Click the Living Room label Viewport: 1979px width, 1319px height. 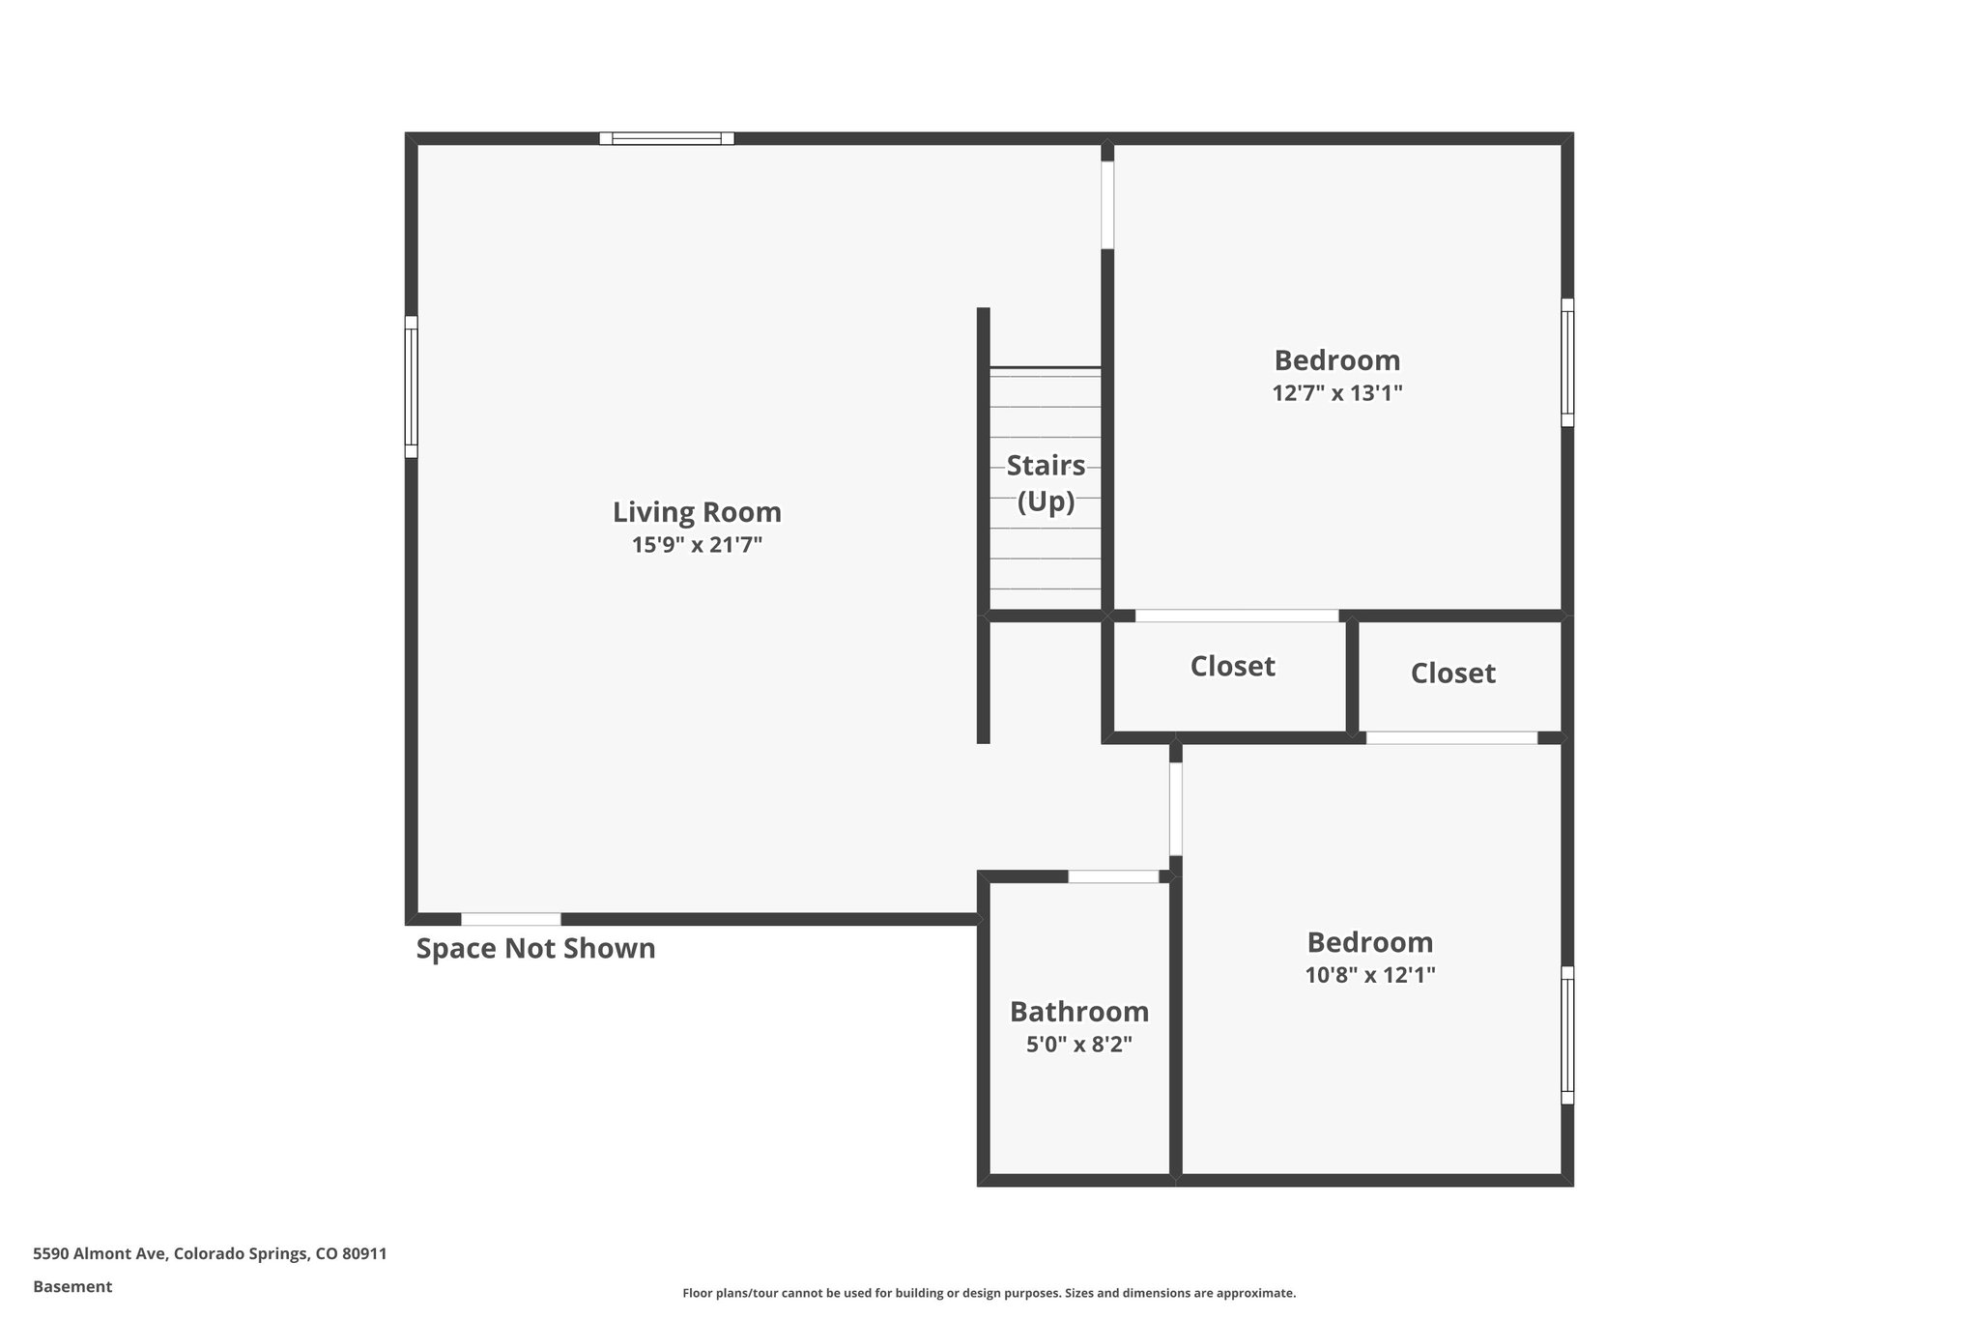pos(697,512)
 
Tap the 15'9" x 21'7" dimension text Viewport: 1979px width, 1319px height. pos(697,545)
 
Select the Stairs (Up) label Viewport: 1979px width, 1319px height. pos(1046,483)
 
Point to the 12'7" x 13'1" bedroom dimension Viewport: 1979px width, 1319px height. pos(1336,393)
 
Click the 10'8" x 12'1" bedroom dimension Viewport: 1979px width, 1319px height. pos(1369,975)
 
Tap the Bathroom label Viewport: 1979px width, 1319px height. pos(1078,1012)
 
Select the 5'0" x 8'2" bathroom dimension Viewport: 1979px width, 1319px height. pos(1078,1045)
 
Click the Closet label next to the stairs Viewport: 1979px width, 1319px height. pos(1232,667)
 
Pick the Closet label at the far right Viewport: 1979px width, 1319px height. pos(1452,674)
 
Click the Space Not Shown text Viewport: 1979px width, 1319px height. pos(535,949)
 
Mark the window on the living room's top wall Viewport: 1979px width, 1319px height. pos(667,138)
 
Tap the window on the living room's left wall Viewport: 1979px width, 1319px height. pos(411,387)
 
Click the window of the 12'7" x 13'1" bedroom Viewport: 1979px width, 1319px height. pos(1567,362)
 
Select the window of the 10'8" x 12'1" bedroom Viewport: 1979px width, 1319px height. pos(1567,1035)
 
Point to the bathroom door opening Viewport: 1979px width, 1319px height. pos(1113,876)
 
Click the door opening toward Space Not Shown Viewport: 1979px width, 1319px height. pos(511,919)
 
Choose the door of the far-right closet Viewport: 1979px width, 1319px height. pos(1451,738)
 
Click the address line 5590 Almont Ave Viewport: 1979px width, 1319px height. pos(210,1254)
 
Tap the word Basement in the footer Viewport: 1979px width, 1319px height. pos(72,1287)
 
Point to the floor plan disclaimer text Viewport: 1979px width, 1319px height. pos(989,1293)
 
